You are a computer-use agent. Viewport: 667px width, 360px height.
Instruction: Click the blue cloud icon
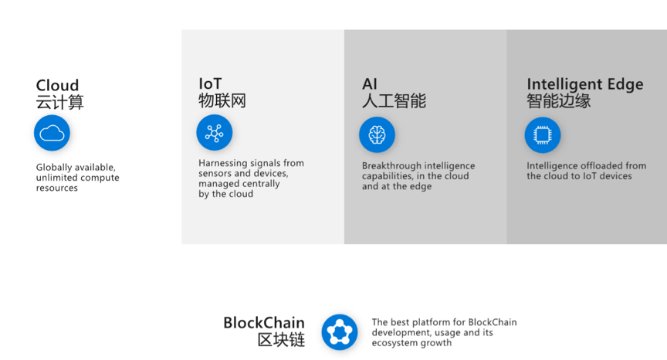pyautogui.click(x=52, y=133)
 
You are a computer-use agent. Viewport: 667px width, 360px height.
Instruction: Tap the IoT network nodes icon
pyautogui.click(x=215, y=132)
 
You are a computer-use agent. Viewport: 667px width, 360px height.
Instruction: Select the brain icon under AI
pyautogui.click(x=377, y=135)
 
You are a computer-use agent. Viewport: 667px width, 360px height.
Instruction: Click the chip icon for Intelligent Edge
pyautogui.click(x=543, y=135)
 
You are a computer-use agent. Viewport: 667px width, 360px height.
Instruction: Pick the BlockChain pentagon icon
pyautogui.click(x=340, y=332)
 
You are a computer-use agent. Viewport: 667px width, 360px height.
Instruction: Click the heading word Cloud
pyautogui.click(x=57, y=85)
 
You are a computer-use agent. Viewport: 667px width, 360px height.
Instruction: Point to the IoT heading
pyautogui.click(x=210, y=83)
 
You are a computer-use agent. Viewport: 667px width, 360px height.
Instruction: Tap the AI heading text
pyautogui.click(x=370, y=84)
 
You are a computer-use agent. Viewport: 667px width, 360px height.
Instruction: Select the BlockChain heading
pyautogui.click(x=264, y=323)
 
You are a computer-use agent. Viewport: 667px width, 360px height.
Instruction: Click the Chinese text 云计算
pyautogui.click(x=60, y=102)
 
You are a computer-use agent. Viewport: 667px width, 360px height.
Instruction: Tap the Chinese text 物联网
pyautogui.click(x=222, y=101)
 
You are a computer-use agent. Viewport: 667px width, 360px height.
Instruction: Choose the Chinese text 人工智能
pyautogui.click(x=394, y=101)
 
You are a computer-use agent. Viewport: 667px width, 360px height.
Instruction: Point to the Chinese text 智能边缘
pyautogui.click(x=558, y=101)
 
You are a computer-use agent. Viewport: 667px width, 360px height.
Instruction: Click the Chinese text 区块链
pyautogui.click(x=281, y=340)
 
